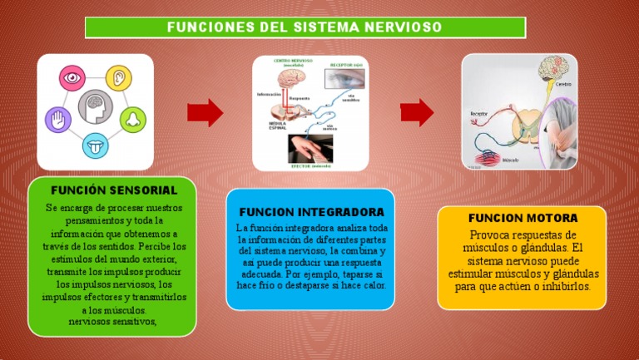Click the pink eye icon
coord(72,78)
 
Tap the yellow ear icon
coord(121,78)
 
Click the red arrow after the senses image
coord(205,111)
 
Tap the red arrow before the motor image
coord(417,111)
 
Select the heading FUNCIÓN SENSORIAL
coord(114,190)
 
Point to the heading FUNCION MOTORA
coord(523,219)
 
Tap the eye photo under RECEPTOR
coord(344,79)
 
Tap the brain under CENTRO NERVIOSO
coord(287,81)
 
